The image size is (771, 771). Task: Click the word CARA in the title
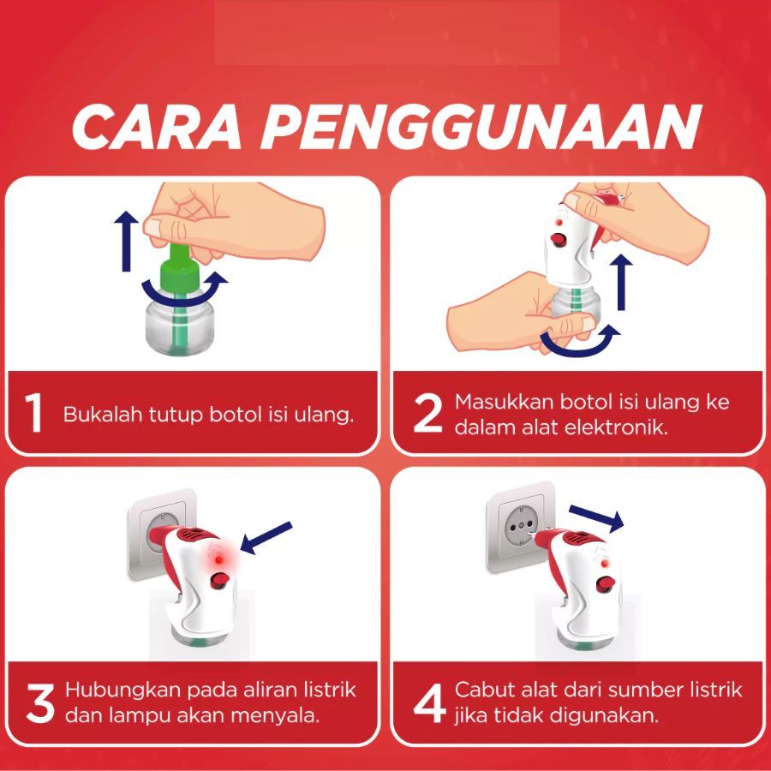pos(157,127)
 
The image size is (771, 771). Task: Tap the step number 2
pos(427,414)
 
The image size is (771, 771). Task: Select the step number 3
pos(39,703)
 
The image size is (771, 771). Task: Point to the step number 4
pos(429,703)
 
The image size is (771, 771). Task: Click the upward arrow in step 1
pos(127,241)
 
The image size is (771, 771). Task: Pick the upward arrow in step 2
pos(622,282)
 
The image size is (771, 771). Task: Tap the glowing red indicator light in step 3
pos(219,560)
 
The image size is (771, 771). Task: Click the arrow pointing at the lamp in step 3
pos(266,538)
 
